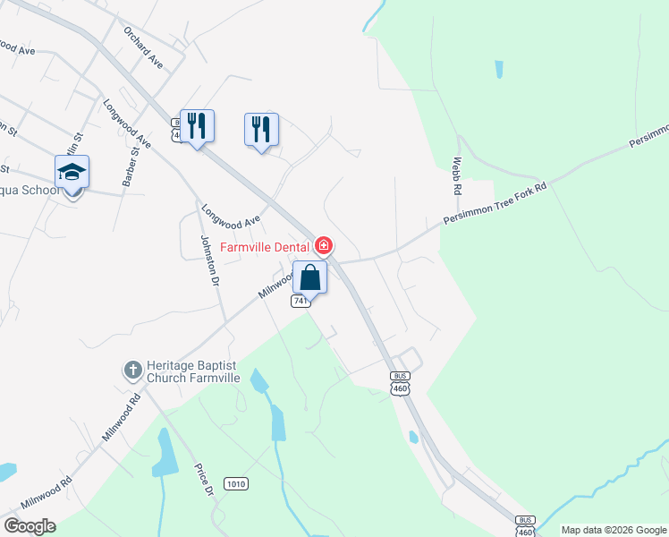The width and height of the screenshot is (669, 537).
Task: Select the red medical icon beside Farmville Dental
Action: point(324,245)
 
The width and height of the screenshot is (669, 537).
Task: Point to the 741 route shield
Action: point(301,302)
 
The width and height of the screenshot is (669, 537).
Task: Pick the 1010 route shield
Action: point(236,483)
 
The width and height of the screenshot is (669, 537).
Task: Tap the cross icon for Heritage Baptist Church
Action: point(132,369)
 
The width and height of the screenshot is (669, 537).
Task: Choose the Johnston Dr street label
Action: point(209,259)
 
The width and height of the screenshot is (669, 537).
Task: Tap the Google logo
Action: point(30,526)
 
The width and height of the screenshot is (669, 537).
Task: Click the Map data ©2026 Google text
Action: point(614,530)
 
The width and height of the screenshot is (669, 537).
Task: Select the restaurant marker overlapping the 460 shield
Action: point(197,126)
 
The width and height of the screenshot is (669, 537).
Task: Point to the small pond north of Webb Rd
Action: point(497,69)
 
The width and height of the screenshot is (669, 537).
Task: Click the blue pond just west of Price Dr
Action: point(165,451)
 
